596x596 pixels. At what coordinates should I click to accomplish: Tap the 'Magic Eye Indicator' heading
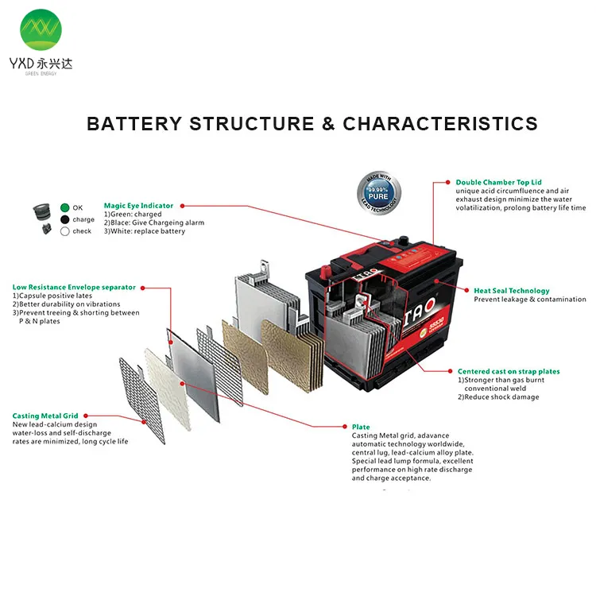pos(138,206)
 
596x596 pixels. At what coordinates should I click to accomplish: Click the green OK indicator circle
pos(65,208)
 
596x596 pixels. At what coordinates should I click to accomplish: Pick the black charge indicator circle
pos(65,219)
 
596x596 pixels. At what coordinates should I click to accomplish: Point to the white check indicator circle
pos(65,231)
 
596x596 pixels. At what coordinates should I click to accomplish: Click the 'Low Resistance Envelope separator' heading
pos(74,287)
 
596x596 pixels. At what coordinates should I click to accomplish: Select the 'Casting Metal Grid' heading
pos(45,416)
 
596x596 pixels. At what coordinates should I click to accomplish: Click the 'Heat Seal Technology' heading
pos(511,291)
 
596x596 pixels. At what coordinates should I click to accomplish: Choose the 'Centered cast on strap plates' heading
pos(509,371)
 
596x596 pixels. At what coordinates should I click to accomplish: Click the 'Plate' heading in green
pos(361,427)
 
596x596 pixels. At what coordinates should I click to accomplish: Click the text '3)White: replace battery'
pos(145,231)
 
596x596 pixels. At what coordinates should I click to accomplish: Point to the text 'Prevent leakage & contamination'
pos(530,300)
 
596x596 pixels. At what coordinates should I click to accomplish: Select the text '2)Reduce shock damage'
pos(497,397)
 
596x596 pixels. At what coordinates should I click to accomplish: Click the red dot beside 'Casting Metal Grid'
pos(85,415)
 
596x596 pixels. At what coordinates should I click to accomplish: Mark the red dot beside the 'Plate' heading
pos(345,427)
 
